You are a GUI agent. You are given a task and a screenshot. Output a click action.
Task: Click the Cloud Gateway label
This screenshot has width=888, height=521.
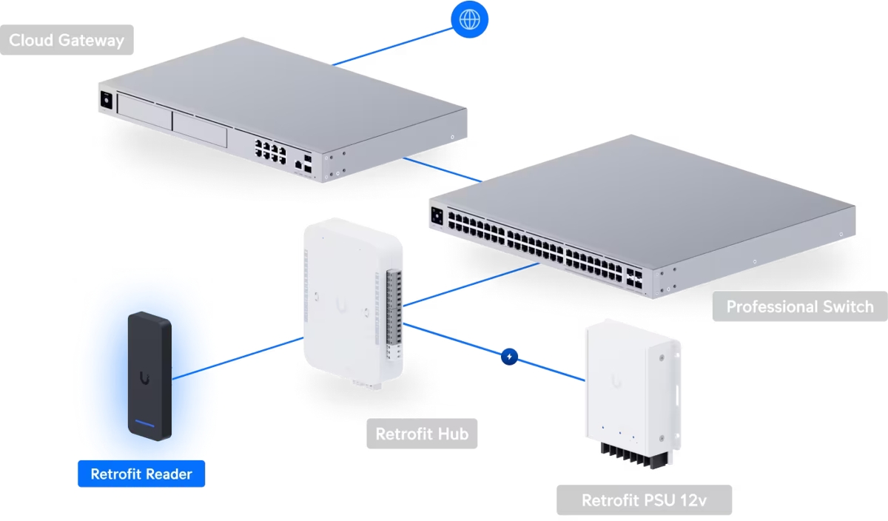[67, 40]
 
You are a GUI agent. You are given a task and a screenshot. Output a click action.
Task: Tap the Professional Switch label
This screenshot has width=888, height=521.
[800, 306]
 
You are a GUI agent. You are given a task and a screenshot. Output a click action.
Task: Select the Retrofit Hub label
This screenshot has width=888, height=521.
[422, 434]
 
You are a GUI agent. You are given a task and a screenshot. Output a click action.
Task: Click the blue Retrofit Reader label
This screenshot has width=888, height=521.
[141, 474]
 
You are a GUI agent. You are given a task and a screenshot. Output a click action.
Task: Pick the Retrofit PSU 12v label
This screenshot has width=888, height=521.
[644, 500]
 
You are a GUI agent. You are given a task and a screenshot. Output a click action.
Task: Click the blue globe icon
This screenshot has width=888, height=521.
[468, 20]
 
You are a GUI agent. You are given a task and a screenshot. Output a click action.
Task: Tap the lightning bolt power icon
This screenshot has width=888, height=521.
[510, 357]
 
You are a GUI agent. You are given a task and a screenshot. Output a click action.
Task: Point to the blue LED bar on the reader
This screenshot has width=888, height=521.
[144, 426]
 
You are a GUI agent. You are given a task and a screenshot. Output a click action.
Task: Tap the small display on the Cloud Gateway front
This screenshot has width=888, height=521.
[105, 101]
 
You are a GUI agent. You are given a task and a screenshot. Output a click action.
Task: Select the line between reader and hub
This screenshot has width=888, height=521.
[237, 359]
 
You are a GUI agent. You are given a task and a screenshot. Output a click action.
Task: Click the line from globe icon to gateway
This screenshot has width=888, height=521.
[392, 44]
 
